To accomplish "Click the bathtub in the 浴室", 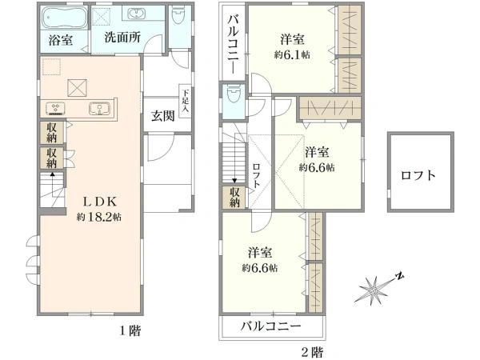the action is [x=64, y=18].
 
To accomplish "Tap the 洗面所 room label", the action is [x=122, y=38].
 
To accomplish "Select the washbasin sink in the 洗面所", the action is [x=134, y=13].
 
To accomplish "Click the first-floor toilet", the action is [x=178, y=16].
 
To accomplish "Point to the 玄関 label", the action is [x=163, y=116].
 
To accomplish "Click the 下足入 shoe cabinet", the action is [x=186, y=101].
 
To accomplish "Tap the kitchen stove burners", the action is [x=55, y=108].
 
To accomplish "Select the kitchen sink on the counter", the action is [x=99, y=108].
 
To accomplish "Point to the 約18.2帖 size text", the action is [x=99, y=217].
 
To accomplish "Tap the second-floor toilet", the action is [x=234, y=94].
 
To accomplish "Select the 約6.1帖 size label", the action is [x=292, y=54].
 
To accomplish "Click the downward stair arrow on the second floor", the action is [x=234, y=158].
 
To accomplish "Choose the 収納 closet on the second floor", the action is [x=234, y=198].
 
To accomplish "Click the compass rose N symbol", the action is [x=399, y=276].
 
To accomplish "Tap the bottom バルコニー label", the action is [x=271, y=326].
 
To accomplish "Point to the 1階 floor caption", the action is [x=130, y=331].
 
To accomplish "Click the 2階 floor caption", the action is [x=312, y=352].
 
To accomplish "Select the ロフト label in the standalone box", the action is [x=418, y=175].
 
